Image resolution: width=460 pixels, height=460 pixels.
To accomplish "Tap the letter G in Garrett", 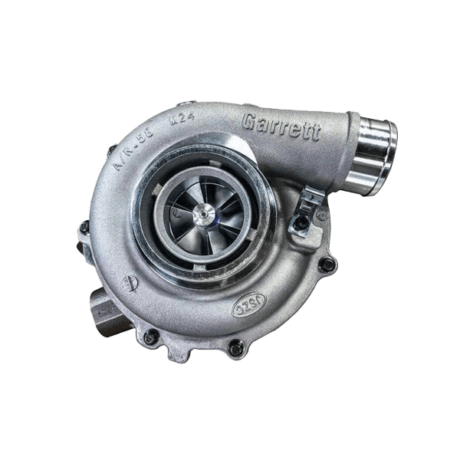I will pos(249,121).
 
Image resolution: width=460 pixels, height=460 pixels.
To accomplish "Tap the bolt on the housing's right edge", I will pos(327,264).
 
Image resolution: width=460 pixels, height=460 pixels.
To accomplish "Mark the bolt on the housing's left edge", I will pos(84,227).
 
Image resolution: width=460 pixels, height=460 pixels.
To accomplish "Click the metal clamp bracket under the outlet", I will pos(311,201).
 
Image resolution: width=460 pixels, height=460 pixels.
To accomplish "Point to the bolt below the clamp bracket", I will pos(302,223).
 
